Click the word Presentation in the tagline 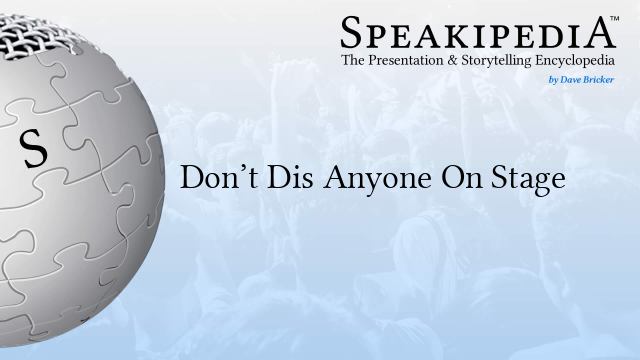tap(412, 62)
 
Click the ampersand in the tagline tap(456, 62)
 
